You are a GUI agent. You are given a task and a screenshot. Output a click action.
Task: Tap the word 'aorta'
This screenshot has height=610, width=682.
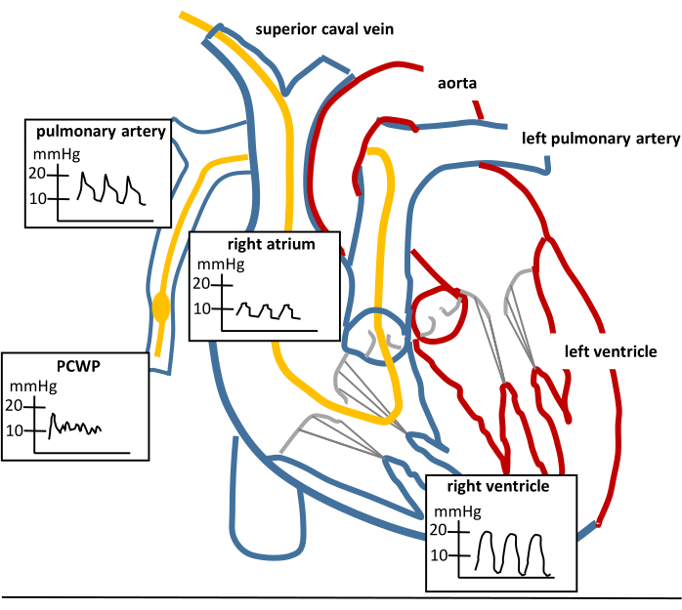tap(457, 84)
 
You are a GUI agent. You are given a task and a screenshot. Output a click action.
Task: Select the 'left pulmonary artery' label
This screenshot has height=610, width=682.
tap(600, 139)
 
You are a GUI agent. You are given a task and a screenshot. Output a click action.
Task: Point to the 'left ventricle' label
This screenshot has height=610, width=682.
tap(611, 350)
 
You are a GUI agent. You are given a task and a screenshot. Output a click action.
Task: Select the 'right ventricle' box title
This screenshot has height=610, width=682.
tap(497, 485)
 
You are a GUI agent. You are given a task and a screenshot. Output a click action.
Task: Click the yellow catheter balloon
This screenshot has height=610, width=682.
tap(162, 309)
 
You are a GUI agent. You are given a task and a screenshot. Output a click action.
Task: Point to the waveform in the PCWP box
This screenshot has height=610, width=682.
tap(75, 426)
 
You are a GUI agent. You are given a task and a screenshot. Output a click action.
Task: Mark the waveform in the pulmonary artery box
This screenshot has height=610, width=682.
tap(113, 188)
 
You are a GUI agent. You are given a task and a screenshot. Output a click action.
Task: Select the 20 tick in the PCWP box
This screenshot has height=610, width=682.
tap(15, 405)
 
